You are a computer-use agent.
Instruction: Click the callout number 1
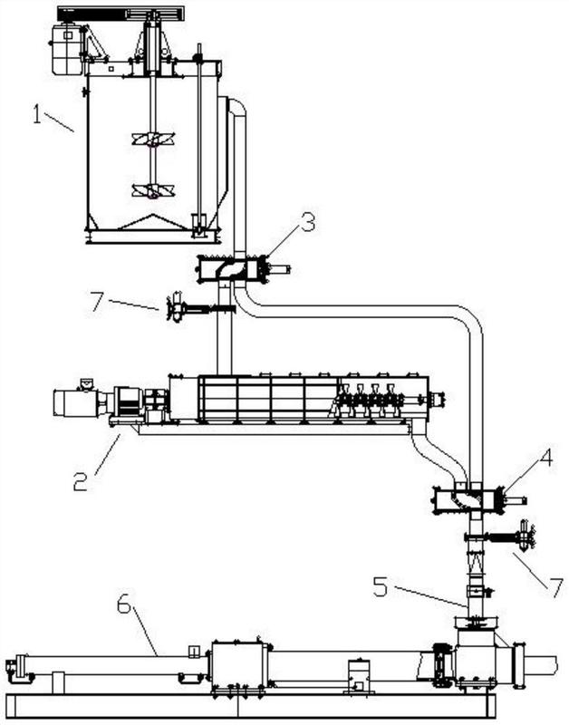37,114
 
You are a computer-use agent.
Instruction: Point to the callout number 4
545,458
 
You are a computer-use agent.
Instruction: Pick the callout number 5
381,586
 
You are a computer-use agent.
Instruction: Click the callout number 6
124,604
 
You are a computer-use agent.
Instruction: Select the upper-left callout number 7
97,302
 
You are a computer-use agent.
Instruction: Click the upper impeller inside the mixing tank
153,140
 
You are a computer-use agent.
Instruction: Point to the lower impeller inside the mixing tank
153,190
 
